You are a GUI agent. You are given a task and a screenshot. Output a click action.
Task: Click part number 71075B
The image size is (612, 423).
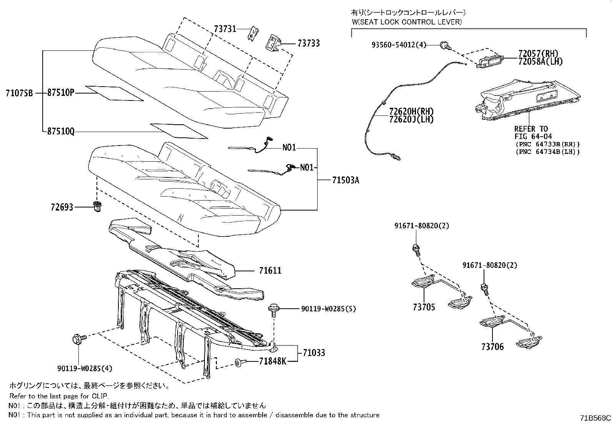pyautogui.click(x=20, y=93)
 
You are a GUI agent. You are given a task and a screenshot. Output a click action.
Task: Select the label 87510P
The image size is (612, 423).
pyautogui.click(x=61, y=93)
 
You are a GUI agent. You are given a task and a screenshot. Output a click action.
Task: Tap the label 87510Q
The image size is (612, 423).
pyautogui.click(x=61, y=132)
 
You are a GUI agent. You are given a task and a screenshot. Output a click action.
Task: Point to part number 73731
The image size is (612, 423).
pyautogui.click(x=225, y=29)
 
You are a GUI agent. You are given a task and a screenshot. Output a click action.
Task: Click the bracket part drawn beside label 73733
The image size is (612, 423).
pyautogui.click(x=274, y=42)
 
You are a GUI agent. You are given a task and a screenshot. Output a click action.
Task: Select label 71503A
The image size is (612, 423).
pyautogui.click(x=346, y=180)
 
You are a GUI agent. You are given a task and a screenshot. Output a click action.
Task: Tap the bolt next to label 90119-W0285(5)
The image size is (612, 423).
pyautogui.click(x=273, y=309)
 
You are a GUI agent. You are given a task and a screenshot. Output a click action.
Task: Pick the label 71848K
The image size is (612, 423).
pyautogui.click(x=273, y=361)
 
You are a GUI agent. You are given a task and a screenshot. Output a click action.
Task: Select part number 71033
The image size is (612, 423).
pyautogui.click(x=313, y=353)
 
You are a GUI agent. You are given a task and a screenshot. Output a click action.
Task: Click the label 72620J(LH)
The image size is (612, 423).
pyautogui.click(x=411, y=119)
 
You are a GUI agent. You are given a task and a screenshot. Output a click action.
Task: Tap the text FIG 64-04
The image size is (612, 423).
pyautogui.click(x=533, y=136)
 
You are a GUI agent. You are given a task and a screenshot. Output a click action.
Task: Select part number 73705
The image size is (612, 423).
pyautogui.click(x=424, y=307)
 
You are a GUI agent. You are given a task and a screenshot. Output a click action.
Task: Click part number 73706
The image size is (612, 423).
pyautogui.click(x=492, y=347)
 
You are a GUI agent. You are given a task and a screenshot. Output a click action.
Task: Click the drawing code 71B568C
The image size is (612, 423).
pyautogui.click(x=595, y=418)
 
